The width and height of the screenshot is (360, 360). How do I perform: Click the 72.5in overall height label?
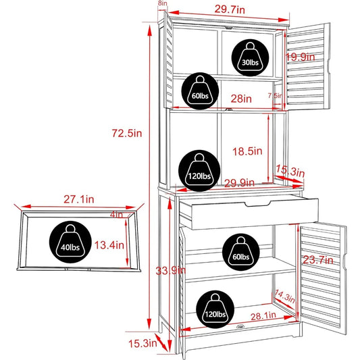pyautogui.click(x=127, y=133)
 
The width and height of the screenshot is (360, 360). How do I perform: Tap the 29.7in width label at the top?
pyautogui.click(x=230, y=9)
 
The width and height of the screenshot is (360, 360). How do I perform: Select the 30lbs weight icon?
pyautogui.click(x=250, y=57)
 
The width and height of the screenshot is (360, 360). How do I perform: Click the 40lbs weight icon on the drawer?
pyautogui.click(x=70, y=242)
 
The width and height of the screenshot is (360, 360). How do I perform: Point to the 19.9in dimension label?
pyautogui.click(x=301, y=57)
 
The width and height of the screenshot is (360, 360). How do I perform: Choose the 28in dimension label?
pyautogui.click(x=241, y=99)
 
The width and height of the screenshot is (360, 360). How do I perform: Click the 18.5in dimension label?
pyautogui.click(x=247, y=151)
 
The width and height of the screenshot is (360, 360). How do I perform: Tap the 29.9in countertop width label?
pyautogui.click(x=239, y=183)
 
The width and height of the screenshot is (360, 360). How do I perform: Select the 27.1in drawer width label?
pyautogui.click(x=79, y=199)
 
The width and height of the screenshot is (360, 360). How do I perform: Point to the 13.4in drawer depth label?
pyautogui.click(x=109, y=245)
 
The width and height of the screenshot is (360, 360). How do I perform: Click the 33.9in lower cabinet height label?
pyautogui.click(x=171, y=271)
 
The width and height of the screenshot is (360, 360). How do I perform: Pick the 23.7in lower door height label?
pyautogui.click(x=318, y=260)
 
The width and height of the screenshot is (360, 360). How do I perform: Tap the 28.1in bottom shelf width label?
pyautogui.click(x=263, y=316)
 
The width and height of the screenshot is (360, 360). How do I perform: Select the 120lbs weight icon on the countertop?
pyautogui.click(x=199, y=171)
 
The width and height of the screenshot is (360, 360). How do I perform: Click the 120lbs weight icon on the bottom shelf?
pyautogui.click(x=215, y=309)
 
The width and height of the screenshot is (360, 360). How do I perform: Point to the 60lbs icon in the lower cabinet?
pyautogui.click(x=241, y=252)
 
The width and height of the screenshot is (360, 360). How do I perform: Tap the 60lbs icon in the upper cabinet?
pyautogui.click(x=200, y=91)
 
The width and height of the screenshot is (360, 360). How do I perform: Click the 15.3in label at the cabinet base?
pyautogui.click(x=143, y=344)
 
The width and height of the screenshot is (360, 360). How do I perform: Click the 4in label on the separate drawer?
pyautogui.click(x=116, y=215)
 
